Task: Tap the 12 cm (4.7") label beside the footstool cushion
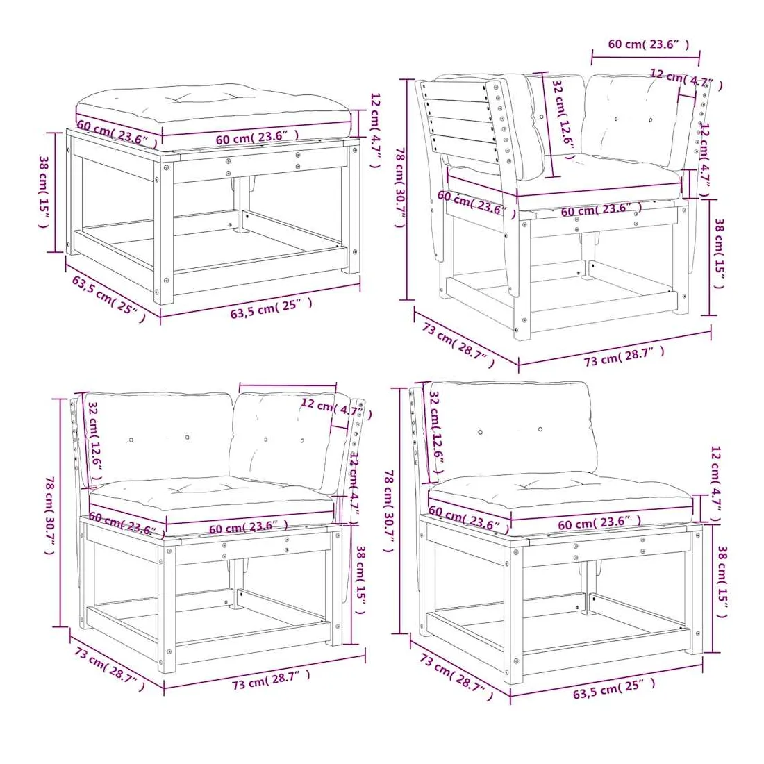pyautogui.click(x=374, y=130)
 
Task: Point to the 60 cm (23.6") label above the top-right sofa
pyautogui.click(x=649, y=44)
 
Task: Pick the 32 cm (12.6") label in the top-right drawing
pyautogui.click(x=563, y=113)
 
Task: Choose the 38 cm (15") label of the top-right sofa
pyautogui.click(x=719, y=254)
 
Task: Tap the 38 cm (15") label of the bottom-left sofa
pyautogui.click(x=360, y=580)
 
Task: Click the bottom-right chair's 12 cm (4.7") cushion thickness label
pyautogui.click(x=715, y=484)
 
